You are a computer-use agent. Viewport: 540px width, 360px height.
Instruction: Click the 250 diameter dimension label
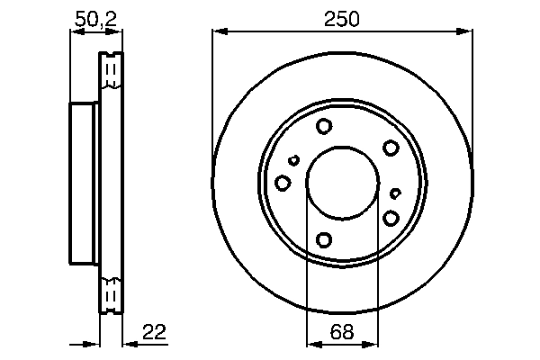[342, 17]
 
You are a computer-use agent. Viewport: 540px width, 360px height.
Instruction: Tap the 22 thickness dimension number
[155, 333]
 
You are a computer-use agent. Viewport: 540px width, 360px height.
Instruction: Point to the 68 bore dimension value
[342, 333]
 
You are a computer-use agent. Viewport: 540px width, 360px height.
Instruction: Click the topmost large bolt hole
[325, 127]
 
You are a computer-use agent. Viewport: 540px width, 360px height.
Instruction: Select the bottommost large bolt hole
[325, 239]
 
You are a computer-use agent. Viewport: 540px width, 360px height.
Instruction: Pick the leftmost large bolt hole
[283, 184]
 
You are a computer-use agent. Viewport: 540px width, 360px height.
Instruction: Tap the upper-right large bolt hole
[391, 148]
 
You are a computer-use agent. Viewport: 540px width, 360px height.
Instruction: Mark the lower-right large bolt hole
[391, 218]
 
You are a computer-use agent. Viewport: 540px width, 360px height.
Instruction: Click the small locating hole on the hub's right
[395, 193]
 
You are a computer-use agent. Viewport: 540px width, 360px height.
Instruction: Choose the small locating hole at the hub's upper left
[293, 161]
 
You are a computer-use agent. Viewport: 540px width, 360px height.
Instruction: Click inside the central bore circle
[342, 183]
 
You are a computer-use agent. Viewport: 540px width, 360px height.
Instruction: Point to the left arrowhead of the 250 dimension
[218, 32]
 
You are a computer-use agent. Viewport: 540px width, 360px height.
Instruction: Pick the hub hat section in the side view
[84, 183]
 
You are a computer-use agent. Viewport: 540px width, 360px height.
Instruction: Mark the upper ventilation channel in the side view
[112, 71]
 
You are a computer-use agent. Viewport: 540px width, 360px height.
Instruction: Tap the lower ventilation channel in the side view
[112, 294]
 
